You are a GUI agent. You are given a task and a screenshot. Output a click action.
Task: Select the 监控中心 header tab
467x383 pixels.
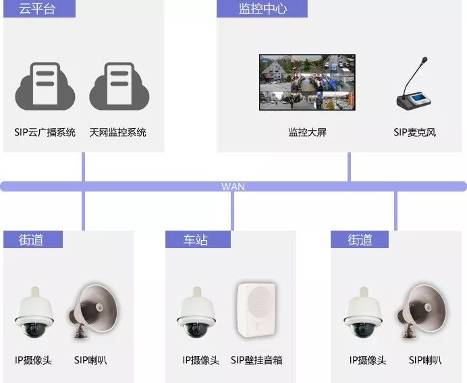[x=262, y=9]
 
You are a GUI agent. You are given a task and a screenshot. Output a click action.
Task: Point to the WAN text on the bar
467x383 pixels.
[x=233, y=187]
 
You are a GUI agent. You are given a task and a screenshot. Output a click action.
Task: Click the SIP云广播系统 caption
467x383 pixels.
[x=45, y=132]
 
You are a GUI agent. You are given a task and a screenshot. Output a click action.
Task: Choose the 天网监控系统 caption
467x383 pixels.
[x=117, y=132]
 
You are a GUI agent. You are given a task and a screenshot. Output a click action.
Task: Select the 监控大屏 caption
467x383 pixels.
[x=307, y=132]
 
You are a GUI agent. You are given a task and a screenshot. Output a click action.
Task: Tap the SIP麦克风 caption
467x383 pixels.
[x=415, y=132]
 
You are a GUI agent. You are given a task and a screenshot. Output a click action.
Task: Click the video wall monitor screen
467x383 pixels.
[x=307, y=82]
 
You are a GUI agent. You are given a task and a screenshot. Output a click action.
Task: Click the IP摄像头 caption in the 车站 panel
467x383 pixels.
[x=200, y=361]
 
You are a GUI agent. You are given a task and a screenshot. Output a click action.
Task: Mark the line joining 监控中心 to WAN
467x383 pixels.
[x=349, y=167]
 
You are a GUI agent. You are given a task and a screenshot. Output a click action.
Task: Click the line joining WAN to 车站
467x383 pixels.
[x=232, y=211]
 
